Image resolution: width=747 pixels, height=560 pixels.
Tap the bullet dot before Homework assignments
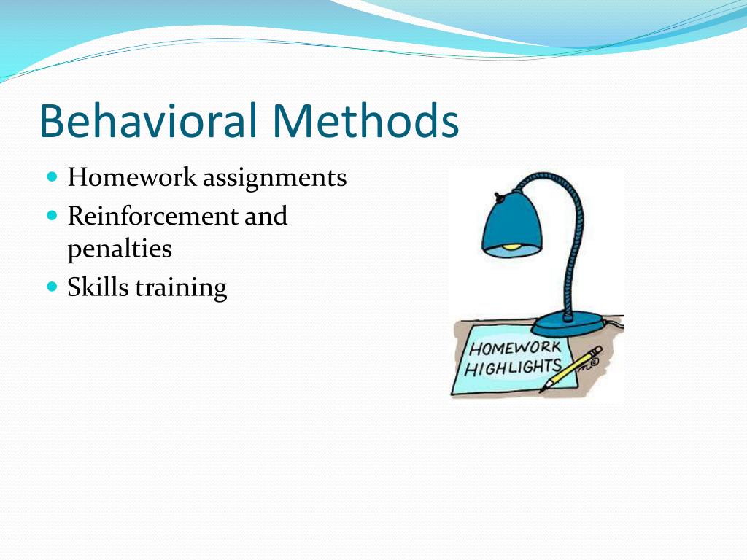tap(51, 177)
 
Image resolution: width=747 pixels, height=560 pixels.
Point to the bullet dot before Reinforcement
tap(51, 216)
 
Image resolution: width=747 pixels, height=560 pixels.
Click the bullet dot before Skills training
tap(51, 287)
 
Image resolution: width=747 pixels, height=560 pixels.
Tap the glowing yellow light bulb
tap(515, 246)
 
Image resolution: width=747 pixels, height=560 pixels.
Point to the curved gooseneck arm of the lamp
tap(576, 219)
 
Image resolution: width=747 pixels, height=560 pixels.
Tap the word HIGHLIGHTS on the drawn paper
tap(513, 366)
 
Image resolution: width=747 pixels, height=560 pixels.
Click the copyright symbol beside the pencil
tap(595, 359)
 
